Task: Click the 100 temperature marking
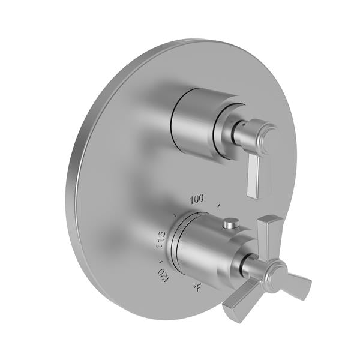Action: (x=196, y=198)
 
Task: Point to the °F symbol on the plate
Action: (x=197, y=289)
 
